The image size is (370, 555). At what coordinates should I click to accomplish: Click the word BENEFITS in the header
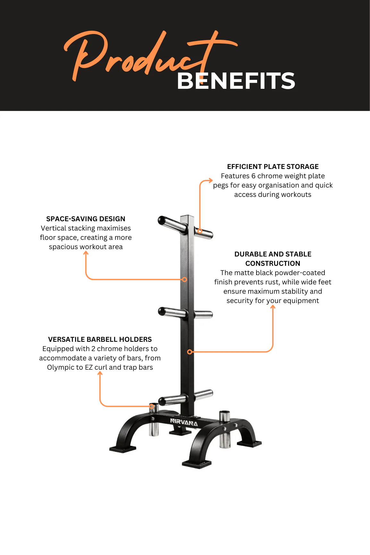coord(236,81)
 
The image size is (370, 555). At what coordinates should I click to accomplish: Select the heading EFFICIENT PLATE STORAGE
coord(273,167)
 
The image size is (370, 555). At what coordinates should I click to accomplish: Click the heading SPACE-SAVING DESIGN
coord(86,219)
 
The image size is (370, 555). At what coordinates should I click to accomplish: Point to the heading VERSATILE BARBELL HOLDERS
coord(100,340)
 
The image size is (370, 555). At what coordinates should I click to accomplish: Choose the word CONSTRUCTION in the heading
coord(273,264)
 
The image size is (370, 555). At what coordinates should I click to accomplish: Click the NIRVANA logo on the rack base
coord(184,422)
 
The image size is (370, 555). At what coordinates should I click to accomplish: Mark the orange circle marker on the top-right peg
coord(200,231)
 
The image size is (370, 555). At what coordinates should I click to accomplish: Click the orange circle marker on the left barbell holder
coord(152,407)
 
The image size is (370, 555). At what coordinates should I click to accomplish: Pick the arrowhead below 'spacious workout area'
coord(86,253)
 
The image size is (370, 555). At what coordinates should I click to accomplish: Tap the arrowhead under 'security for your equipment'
coord(273,307)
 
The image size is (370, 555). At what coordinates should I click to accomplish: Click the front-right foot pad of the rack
coord(197,464)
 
